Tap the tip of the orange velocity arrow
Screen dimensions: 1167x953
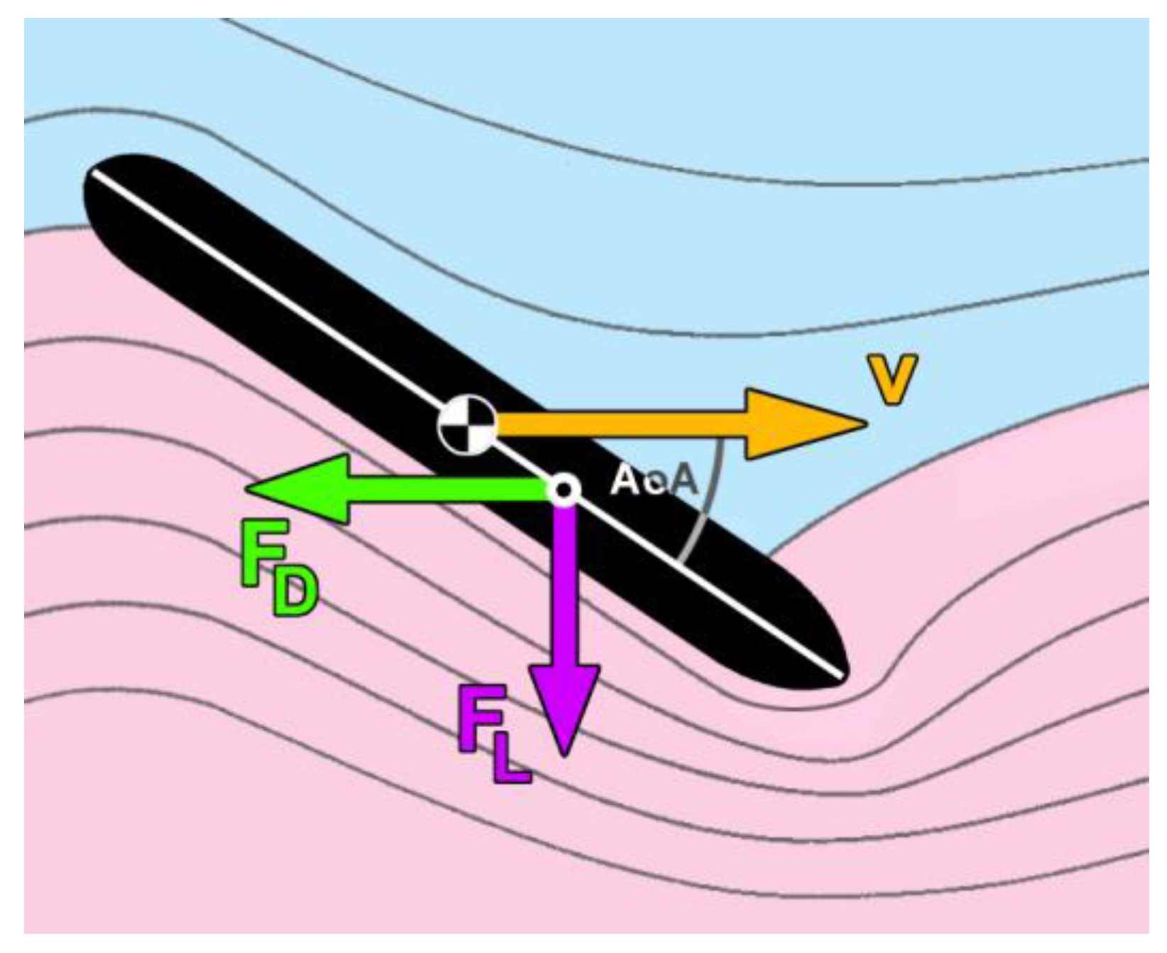click(865, 424)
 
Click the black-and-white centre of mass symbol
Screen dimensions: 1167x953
click(466, 425)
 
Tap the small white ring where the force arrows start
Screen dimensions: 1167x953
click(564, 489)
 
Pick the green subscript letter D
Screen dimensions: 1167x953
click(294, 595)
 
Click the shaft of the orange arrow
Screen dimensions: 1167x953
click(618, 425)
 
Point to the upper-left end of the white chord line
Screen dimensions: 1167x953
click(94, 173)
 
